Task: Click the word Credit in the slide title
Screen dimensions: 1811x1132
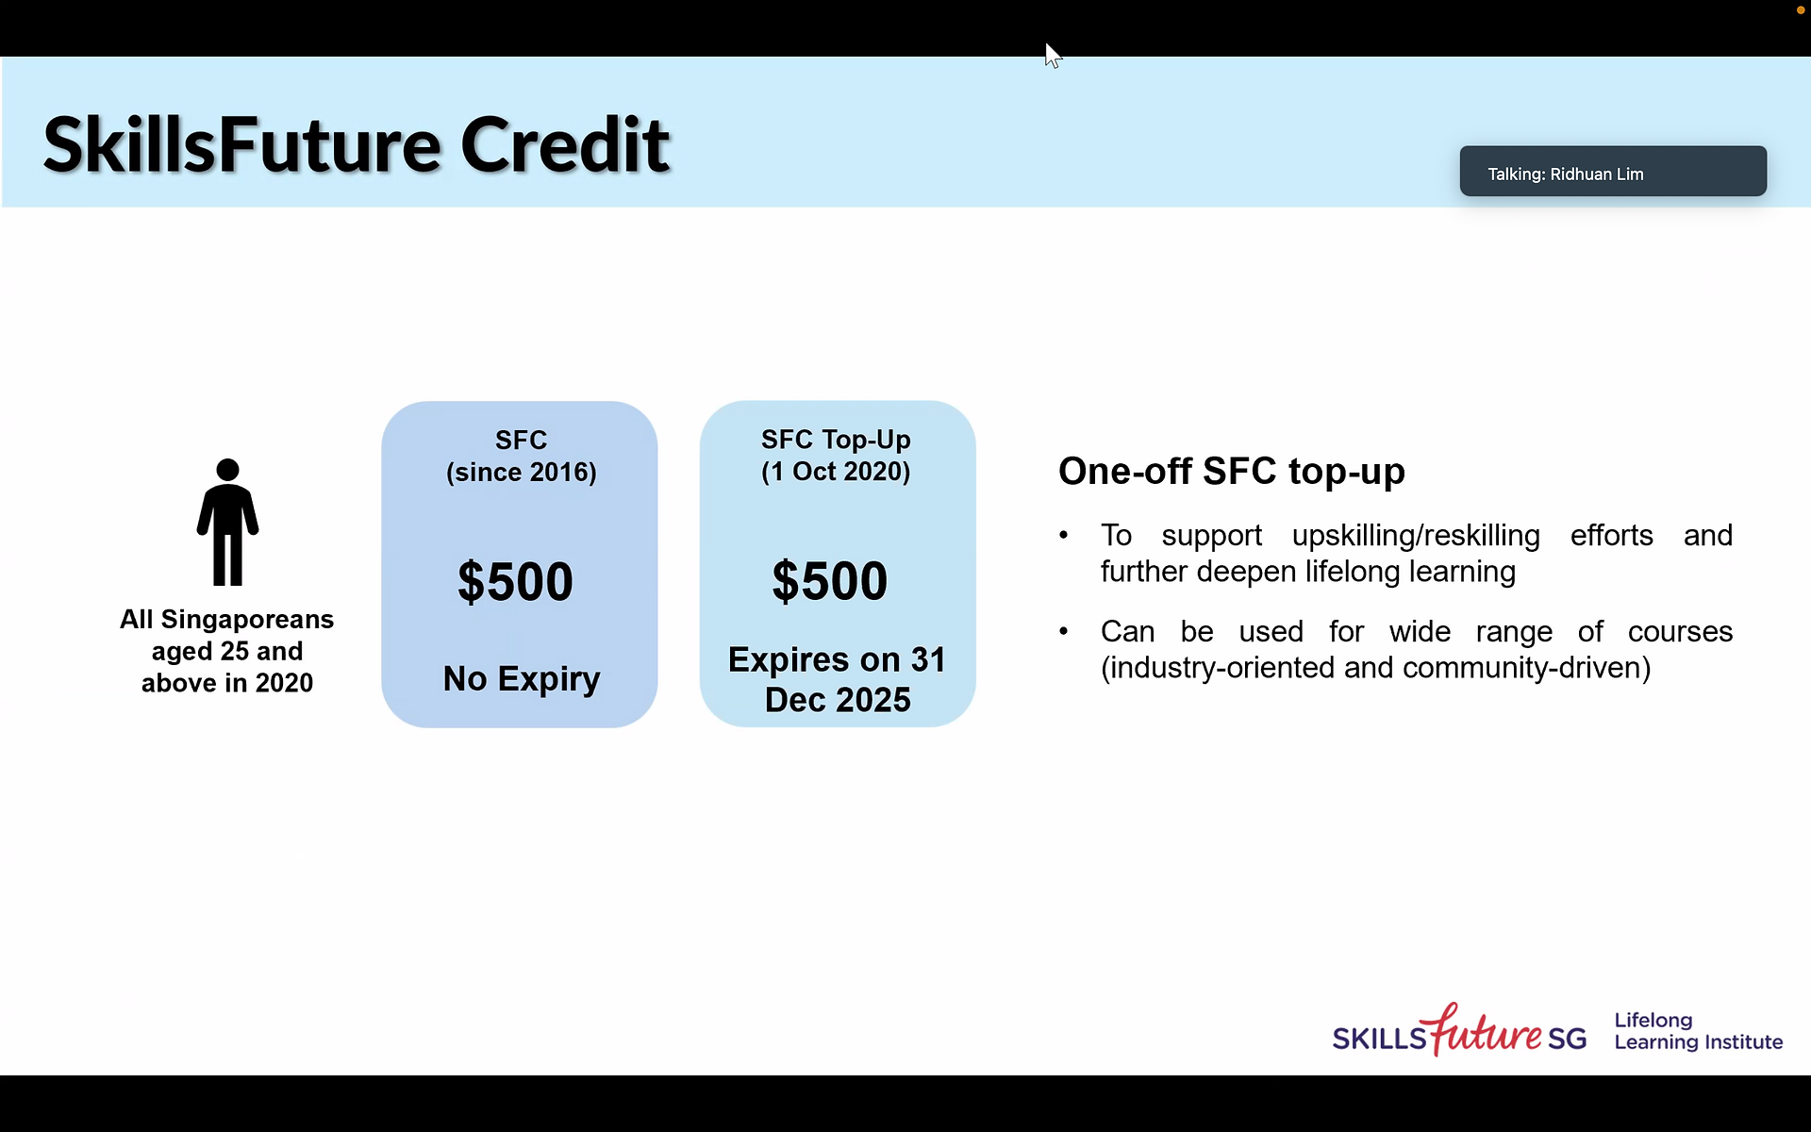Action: [565, 145]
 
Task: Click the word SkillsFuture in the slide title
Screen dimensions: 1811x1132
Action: [241, 145]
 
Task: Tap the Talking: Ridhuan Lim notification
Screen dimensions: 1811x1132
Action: [1613, 172]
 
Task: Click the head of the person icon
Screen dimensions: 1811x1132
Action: [227, 470]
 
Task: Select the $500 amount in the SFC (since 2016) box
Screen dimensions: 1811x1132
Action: [515, 581]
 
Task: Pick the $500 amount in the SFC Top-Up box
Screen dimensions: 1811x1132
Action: [830, 580]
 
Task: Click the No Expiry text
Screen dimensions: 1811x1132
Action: [522, 679]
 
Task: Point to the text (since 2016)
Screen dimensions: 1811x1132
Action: [522, 472]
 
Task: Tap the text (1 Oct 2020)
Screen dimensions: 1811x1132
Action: [836, 471]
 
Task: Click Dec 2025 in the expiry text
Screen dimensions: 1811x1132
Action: [838, 700]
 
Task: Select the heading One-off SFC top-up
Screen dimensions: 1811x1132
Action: [1232, 471]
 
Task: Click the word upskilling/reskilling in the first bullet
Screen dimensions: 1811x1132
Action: [1416, 535]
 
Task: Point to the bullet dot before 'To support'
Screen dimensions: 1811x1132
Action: [1064, 535]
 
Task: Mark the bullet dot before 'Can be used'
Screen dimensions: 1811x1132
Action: [1064, 631]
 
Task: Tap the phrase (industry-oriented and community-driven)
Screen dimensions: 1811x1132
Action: [1376, 668]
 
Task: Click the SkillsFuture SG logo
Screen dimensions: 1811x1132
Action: [1459, 1030]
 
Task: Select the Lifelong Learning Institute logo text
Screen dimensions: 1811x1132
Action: [1698, 1031]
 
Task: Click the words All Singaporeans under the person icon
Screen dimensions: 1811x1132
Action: [226, 619]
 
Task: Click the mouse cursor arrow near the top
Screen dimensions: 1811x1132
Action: [1053, 56]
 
